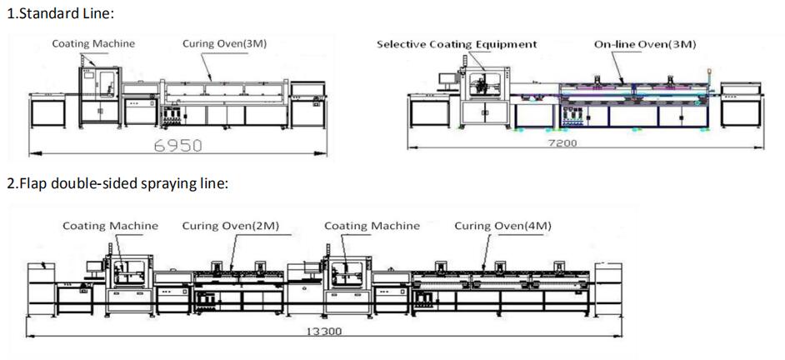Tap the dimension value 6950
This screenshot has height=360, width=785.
pyautogui.click(x=177, y=145)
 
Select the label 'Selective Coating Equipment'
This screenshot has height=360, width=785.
pyautogui.click(x=457, y=44)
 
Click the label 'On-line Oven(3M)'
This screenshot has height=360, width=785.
pyautogui.click(x=645, y=44)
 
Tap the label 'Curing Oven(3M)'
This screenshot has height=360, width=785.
pyautogui.click(x=224, y=43)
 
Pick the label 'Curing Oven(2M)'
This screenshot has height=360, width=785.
pyautogui.click(x=230, y=226)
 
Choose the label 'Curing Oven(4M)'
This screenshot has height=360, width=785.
pyautogui.click(x=502, y=226)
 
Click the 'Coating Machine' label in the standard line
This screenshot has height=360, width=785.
pyautogui.click(x=93, y=43)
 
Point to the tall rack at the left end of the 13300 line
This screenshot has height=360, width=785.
pyautogui.click(x=42, y=289)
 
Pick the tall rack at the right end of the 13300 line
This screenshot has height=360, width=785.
pyautogui.click(x=608, y=289)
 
